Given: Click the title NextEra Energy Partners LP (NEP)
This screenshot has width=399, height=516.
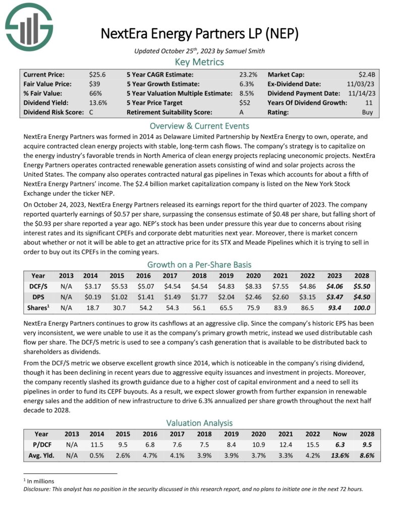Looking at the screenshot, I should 199,34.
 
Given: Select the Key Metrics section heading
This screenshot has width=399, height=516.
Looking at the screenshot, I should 199,62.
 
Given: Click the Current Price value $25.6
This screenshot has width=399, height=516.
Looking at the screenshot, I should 96,74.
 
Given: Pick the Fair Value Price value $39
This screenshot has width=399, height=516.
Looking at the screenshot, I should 94,84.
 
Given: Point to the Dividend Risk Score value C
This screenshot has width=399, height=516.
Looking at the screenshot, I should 91,112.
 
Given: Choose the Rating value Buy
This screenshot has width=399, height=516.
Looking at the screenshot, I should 368,112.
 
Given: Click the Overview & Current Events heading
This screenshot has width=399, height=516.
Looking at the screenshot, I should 199,126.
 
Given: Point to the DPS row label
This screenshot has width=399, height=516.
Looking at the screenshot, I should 38,297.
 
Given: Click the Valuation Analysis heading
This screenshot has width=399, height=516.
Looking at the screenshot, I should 199,422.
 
